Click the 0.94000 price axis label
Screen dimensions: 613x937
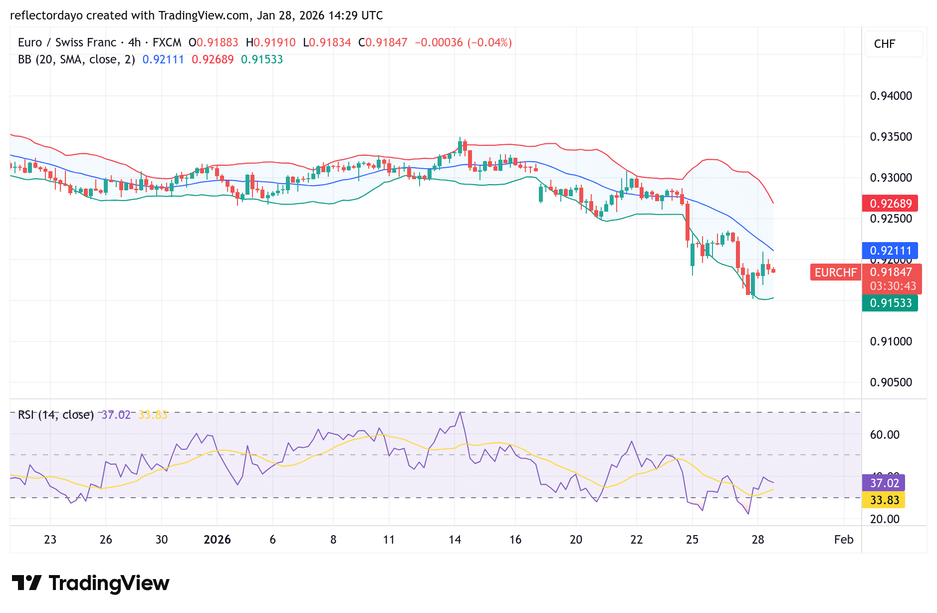(891, 96)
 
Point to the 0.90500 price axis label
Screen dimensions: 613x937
(891, 382)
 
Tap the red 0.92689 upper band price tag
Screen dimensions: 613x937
(890, 204)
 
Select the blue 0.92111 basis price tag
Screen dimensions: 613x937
(890, 251)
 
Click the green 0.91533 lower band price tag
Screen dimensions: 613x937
(890, 303)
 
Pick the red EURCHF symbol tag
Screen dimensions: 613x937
(835, 273)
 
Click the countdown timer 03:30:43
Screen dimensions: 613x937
(893, 286)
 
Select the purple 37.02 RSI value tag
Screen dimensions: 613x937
(884, 483)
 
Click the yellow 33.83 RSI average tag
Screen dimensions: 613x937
(884, 500)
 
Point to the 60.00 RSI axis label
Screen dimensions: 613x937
(884, 435)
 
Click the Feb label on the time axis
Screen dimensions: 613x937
(843, 540)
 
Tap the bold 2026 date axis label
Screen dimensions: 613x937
(217, 540)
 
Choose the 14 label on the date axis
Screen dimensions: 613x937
(455, 540)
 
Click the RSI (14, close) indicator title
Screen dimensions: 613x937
(56, 415)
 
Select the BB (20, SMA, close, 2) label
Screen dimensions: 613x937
(76, 59)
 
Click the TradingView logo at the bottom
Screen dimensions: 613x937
(91, 583)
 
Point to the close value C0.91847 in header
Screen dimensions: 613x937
(383, 42)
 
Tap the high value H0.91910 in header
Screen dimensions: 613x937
(271, 42)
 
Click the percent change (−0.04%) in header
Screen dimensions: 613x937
(489, 42)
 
